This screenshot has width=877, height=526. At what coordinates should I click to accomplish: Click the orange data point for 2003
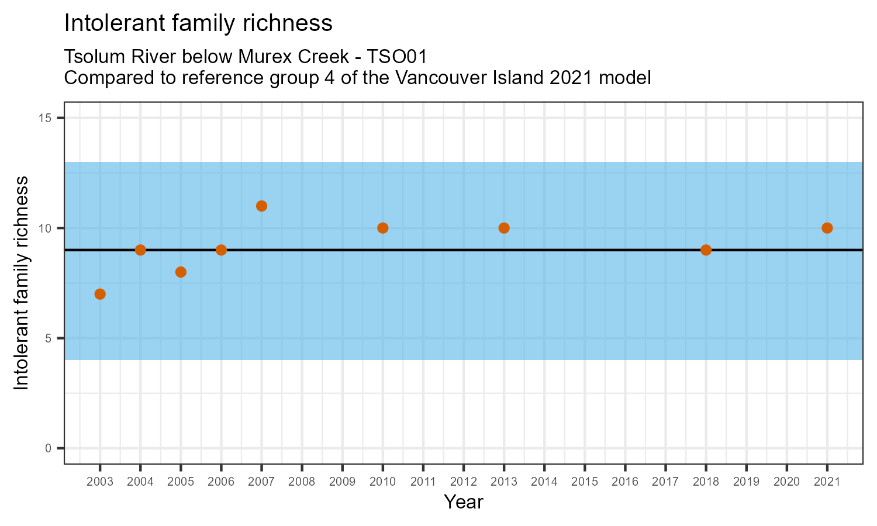tap(100, 294)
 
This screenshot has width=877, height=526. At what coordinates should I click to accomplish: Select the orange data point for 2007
tap(261, 206)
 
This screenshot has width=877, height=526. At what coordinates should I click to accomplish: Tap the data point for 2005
tap(181, 272)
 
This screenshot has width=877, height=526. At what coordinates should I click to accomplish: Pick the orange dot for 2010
tap(383, 228)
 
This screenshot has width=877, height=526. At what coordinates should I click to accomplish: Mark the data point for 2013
tap(504, 228)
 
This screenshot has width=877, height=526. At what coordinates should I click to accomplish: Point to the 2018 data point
tap(706, 250)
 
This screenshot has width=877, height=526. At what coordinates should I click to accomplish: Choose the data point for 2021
tap(827, 228)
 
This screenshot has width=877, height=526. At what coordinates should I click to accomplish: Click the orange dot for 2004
tap(140, 250)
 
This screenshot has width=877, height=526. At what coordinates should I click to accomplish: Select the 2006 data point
tap(221, 250)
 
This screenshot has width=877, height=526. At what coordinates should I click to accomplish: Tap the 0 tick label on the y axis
tap(49, 448)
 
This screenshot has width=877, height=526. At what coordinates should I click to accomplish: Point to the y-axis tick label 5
tap(49, 338)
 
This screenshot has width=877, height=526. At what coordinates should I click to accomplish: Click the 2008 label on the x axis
tap(302, 482)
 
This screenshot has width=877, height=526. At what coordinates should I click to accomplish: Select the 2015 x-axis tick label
tap(585, 482)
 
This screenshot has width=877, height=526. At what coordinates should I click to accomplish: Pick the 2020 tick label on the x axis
tap(786, 482)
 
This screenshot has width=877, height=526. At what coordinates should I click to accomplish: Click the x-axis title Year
tap(463, 502)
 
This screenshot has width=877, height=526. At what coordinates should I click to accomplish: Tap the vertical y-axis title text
tap(21, 283)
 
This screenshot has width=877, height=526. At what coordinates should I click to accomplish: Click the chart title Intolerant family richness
tap(198, 23)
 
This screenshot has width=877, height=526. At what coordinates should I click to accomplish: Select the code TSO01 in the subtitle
tap(397, 57)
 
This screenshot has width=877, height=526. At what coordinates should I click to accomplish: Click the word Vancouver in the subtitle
tap(447, 78)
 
